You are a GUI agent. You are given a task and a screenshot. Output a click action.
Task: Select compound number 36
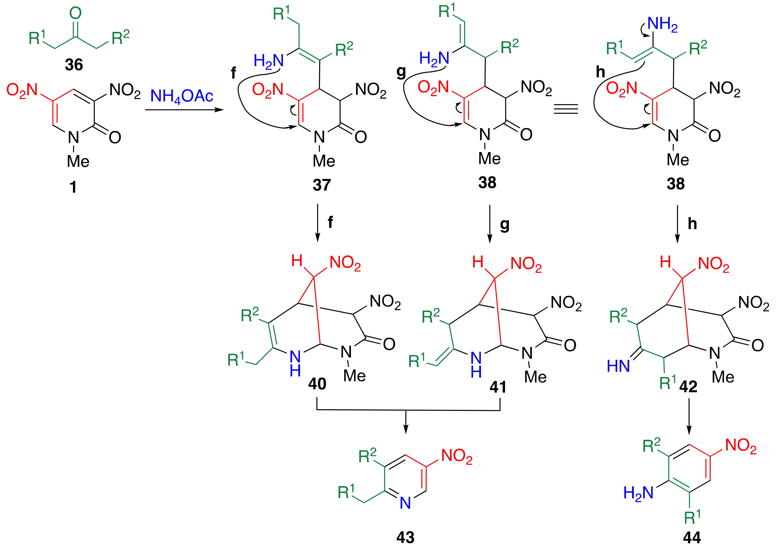pyautogui.click(x=74, y=65)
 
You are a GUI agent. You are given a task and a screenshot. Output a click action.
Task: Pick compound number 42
pyautogui.click(x=688, y=386)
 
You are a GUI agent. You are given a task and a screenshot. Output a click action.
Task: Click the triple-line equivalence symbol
pyautogui.click(x=565, y=109)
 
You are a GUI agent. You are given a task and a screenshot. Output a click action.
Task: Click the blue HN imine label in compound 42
pyautogui.click(x=618, y=366)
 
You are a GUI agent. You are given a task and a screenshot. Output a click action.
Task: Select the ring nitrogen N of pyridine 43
pyautogui.click(x=405, y=503)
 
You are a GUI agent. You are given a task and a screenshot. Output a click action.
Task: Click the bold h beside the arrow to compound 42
pyautogui.click(x=692, y=224)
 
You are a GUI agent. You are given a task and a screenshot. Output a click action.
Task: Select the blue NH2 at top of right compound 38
pyautogui.click(x=662, y=24)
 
